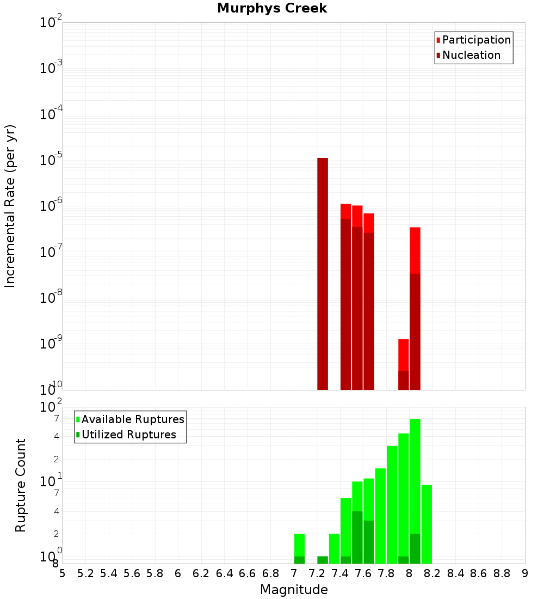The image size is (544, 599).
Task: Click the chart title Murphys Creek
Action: point(272,9)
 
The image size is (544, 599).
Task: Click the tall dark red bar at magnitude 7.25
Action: point(323,272)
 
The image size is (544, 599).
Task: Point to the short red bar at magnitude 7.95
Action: point(403,354)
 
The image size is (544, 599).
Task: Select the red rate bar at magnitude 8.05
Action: point(415,250)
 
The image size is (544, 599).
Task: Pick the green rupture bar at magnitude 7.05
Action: point(299,545)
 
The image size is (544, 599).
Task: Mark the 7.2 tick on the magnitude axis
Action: point(317,573)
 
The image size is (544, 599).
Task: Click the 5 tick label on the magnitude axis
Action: point(63,573)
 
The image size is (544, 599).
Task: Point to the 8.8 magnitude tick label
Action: point(502,573)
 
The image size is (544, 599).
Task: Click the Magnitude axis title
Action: point(294,590)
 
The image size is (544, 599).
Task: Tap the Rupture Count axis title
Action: point(21,485)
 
